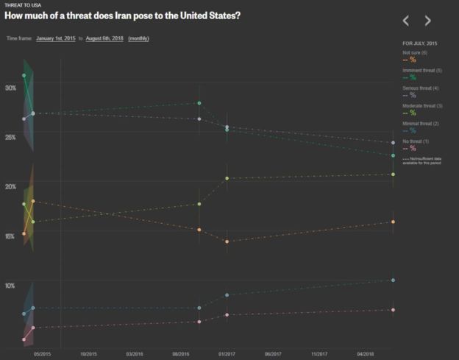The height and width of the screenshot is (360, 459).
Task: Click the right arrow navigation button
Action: click(427, 21)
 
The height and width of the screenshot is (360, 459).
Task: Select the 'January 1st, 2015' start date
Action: click(57, 37)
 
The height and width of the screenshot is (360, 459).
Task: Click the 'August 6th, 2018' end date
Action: click(104, 37)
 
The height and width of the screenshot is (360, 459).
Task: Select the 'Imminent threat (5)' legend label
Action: click(422, 70)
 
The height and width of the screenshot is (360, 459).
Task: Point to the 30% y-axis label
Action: click(10, 88)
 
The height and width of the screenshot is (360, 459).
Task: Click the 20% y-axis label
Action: click(10, 186)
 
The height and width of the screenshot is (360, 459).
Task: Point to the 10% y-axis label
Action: click(10, 285)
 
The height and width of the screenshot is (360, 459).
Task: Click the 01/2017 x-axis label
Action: click(227, 353)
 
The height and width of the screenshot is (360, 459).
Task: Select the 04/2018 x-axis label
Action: click(366, 353)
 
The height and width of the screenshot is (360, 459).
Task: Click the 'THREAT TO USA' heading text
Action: click(23, 5)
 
